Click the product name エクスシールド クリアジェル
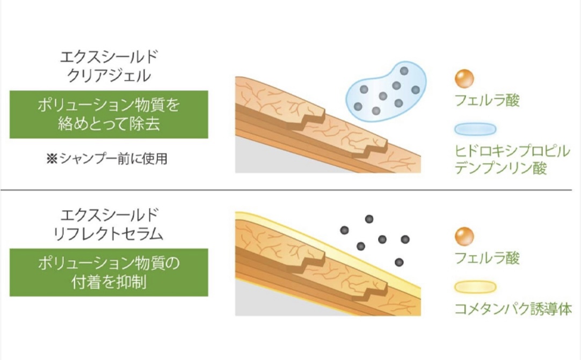pyautogui.click(x=109, y=67)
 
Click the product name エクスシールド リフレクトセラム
pyautogui.click(x=109, y=224)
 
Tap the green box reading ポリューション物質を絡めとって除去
pyautogui.click(x=109, y=114)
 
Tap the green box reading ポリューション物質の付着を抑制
pyautogui.click(x=109, y=272)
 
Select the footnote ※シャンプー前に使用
pyautogui.click(x=107, y=158)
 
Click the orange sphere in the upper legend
pyautogui.click(x=464, y=78)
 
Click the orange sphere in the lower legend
pyautogui.click(x=464, y=236)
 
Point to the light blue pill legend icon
pyautogui.click(x=475, y=129)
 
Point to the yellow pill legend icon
pyautogui.click(x=475, y=287)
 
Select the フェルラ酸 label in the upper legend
pyautogui.click(x=487, y=100)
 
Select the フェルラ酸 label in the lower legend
pyautogui.click(x=487, y=258)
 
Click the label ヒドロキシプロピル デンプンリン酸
pyautogui.click(x=512, y=160)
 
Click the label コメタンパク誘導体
pyautogui.click(x=513, y=309)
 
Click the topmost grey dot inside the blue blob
pyautogui.click(x=404, y=71)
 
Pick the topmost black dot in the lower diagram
pyautogui.click(x=369, y=219)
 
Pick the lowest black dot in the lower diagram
pyautogui.click(x=399, y=262)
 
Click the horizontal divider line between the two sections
pyautogui.click(x=286, y=190)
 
